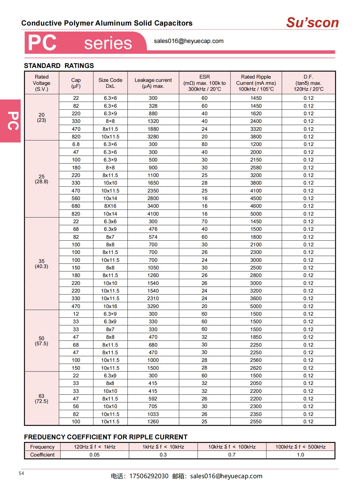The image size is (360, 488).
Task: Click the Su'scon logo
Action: click(x=312, y=23)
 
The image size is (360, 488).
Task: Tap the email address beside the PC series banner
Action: click(x=189, y=41)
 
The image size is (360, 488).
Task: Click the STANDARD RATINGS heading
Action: click(x=59, y=66)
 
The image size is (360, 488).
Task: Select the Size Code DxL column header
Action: click(x=110, y=83)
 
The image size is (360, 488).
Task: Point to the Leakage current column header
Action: click(x=153, y=83)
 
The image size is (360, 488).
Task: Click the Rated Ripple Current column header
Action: click(x=256, y=83)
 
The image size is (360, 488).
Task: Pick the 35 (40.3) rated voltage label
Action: click(x=41, y=264)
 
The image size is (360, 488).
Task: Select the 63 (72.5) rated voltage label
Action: click(x=41, y=399)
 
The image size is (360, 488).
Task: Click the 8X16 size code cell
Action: click(x=110, y=206)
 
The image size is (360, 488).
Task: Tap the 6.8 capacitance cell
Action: click(x=76, y=144)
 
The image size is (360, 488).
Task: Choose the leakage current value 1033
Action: click(x=153, y=414)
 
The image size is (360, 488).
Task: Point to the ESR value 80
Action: click(x=204, y=144)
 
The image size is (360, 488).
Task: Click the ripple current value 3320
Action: click(x=256, y=129)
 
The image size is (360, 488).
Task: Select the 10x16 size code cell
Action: click(x=110, y=306)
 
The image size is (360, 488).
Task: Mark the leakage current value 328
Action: click(x=153, y=106)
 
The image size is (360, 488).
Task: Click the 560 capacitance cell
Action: click(x=76, y=198)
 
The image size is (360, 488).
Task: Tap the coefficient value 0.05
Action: click(x=94, y=455)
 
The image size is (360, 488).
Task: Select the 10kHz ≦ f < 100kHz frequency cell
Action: click(x=232, y=447)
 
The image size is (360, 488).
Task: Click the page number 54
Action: click(x=21, y=473)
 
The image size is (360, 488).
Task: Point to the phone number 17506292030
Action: click(x=149, y=476)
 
